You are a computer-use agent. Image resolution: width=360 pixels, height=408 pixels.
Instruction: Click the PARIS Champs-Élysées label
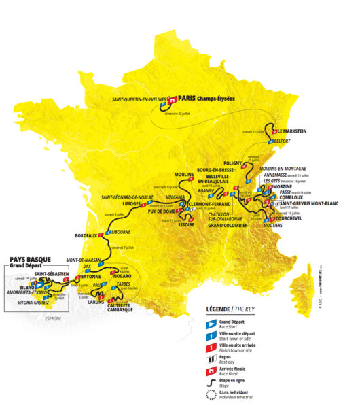[x=204, y=98]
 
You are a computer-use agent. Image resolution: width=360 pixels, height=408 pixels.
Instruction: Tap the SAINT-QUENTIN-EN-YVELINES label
[x=139, y=99]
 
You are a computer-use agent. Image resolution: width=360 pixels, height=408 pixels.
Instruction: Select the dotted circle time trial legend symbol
[x=210, y=397]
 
